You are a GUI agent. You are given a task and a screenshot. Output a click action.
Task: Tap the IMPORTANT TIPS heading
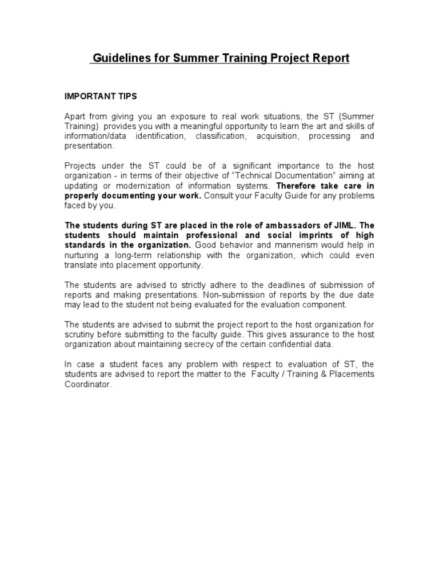pyautogui.click(x=101, y=96)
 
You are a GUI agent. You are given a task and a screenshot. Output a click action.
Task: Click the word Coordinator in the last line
pyautogui.click(x=88, y=384)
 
